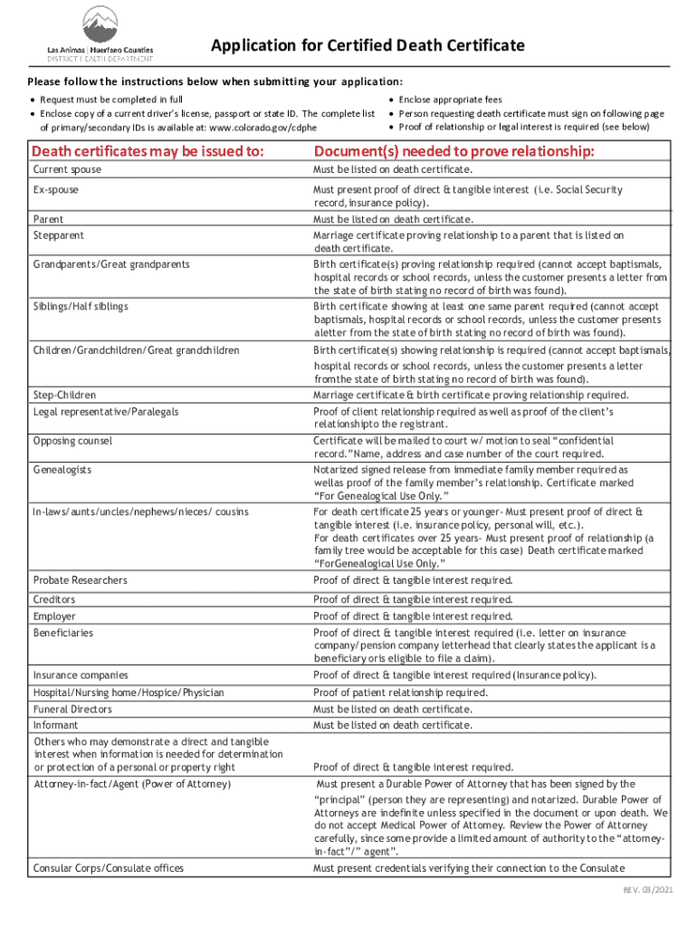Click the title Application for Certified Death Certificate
point(368,45)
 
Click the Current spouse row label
point(67,170)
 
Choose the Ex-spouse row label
point(56,190)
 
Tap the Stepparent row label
point(59,235)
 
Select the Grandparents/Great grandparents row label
point(111,264)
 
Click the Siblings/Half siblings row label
point(81,306)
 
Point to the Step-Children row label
point(64,396)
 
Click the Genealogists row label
point(62,471)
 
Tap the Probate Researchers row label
point(81,580)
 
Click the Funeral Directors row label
point(72,710)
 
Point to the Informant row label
point(56,725)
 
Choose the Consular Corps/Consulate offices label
point(108,868)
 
